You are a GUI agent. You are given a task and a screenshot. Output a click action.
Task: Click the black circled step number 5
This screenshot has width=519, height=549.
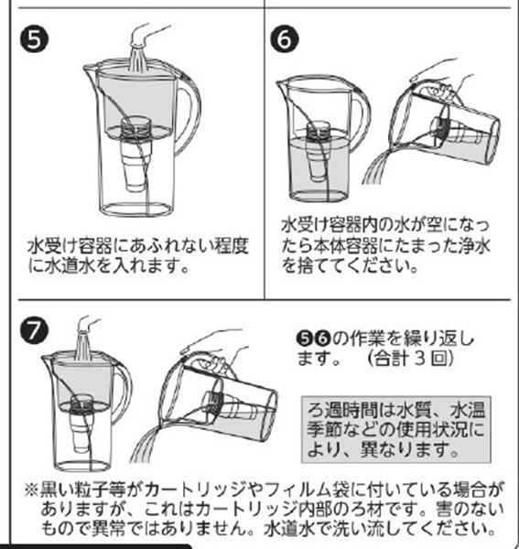coord(35,40)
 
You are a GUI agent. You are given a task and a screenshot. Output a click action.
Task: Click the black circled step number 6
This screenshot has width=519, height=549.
coord(285,40)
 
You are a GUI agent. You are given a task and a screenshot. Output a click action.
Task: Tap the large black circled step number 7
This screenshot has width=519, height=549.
coord(33,330)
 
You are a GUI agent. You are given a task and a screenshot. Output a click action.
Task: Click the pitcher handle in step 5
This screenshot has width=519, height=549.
coord(191,112)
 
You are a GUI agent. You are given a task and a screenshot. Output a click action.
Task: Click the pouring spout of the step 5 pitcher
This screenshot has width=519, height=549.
coord(90,71)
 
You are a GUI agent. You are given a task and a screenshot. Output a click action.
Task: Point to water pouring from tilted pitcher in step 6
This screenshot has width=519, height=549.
coord(377,167)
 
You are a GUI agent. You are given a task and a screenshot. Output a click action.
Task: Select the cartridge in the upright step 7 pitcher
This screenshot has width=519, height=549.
coord(81,423)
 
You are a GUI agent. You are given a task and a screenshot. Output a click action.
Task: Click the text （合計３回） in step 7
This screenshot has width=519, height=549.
coord(410,358)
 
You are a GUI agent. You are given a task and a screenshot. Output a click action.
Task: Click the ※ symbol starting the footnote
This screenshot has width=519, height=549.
coord(31,490)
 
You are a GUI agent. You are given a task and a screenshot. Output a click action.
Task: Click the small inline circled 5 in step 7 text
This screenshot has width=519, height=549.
coord(304,339)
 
